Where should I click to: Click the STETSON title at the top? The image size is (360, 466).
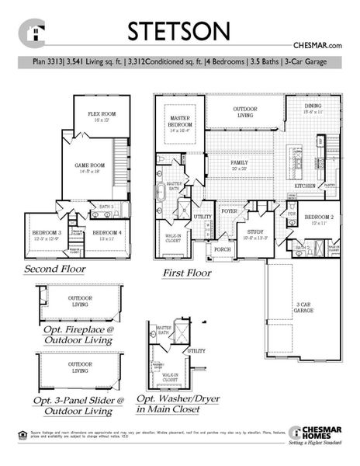tap(179, 31)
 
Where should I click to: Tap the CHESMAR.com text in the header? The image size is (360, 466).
tap(317, 47)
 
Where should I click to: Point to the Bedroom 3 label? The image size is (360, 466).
tap(47, 234)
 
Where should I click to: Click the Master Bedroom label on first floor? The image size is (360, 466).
tap(179, 123)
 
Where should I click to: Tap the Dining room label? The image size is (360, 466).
tap(312, 109)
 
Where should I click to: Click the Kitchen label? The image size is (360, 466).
tap(304, 186)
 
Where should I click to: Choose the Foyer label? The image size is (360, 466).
tap(229, 210)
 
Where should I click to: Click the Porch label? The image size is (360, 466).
tap(223, 249)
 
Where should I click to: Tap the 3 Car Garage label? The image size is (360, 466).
tap(303, 306)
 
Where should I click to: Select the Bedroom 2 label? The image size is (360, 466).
tap(319, 219)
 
